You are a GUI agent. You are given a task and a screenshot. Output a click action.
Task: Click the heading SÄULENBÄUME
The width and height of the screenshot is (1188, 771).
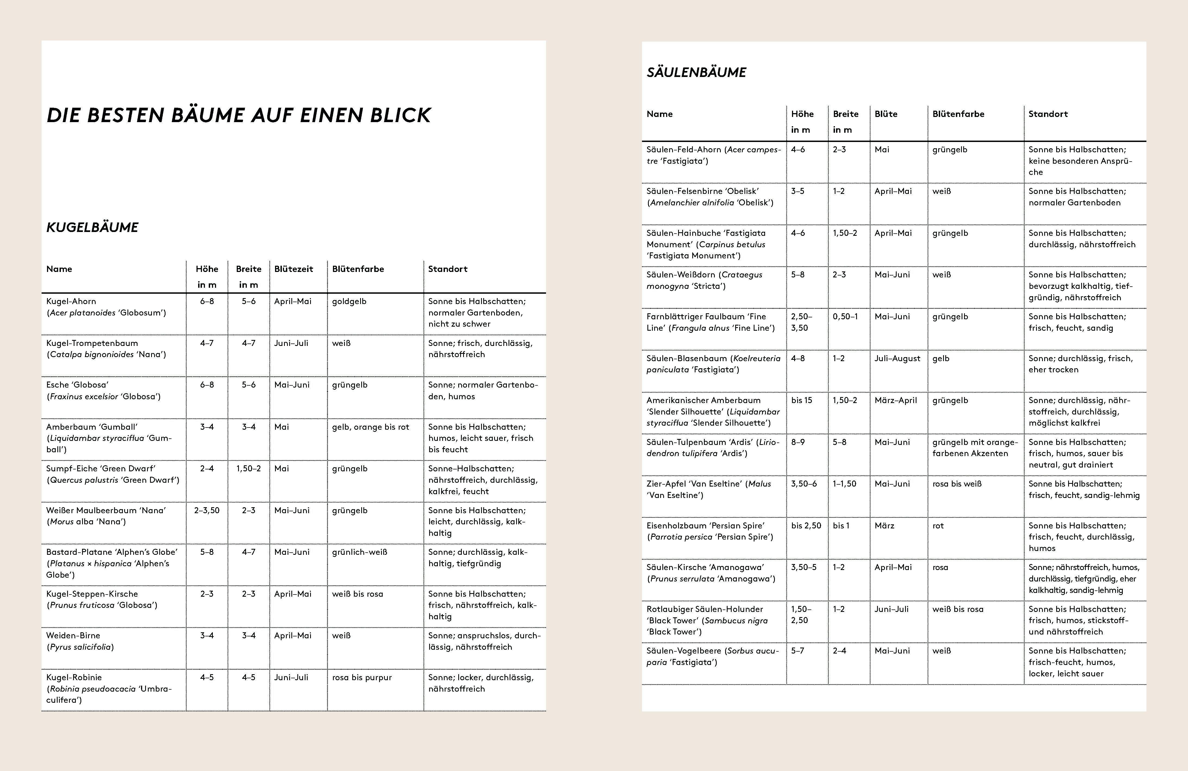pos(696,72)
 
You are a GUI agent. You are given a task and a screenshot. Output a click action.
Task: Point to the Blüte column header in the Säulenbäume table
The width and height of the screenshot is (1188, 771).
pos(886,114)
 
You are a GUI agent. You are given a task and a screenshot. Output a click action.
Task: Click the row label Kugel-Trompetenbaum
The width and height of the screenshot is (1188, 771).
pos(92,343)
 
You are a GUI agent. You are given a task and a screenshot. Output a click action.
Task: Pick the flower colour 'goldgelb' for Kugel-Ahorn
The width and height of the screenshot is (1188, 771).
pos(350,301)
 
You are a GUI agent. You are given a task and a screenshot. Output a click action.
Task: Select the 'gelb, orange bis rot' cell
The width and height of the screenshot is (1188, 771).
pos(370,427)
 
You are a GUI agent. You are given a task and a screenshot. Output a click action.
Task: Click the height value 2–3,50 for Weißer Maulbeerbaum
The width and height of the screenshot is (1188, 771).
pos(207,510)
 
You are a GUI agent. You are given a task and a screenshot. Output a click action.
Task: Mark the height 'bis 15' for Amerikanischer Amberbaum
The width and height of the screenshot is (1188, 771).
pos(802,400)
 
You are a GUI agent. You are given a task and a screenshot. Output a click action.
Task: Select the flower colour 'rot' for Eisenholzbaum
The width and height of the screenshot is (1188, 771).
pos(938,525)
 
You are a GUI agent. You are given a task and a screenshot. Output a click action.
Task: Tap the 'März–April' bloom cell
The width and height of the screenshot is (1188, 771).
pos(896,400)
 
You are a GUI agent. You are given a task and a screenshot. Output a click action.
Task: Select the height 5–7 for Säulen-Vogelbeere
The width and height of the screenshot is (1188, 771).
pos(798,651)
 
